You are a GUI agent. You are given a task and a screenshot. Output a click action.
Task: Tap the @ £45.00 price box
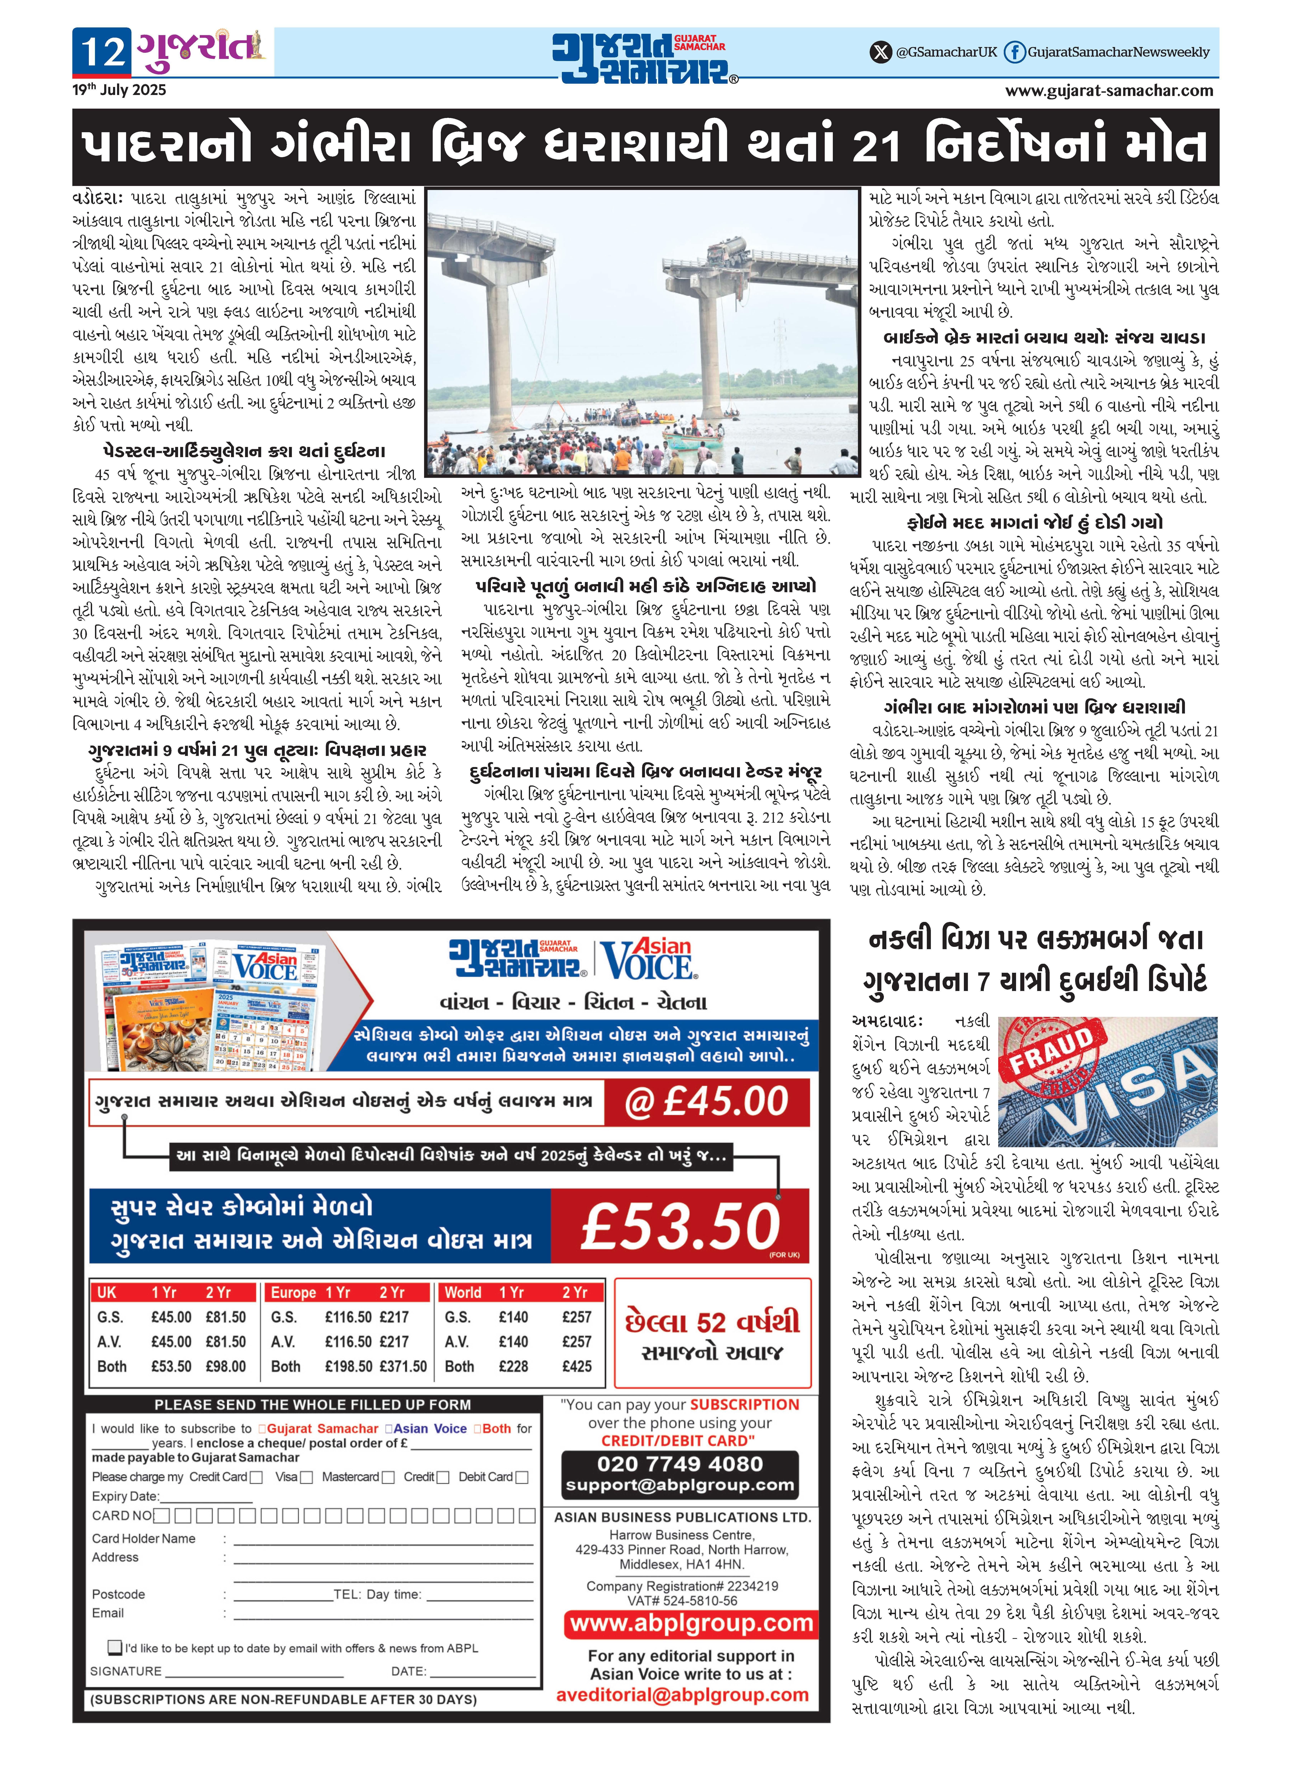point(706,1102)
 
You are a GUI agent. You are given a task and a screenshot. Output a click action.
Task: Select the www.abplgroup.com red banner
point(691,1623)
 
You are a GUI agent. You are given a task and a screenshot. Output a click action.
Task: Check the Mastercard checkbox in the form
point(388,1477)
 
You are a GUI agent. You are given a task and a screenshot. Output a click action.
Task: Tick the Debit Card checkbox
point(522,1477)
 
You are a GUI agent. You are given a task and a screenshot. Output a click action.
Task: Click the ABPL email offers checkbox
point(115,1647)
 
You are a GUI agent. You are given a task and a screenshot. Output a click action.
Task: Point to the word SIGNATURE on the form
point(126,1671)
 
